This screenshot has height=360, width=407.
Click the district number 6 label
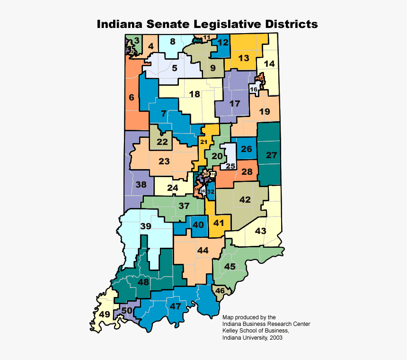132,98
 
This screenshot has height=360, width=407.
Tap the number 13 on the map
243,58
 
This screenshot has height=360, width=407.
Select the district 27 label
271,155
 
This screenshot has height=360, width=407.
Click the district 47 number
176,306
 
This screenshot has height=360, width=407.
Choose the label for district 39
146,226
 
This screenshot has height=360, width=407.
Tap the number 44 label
203,250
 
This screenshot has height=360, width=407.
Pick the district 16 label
254,90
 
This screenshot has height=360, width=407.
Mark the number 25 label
230,166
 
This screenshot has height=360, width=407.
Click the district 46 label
220,290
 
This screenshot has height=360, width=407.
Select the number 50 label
127,311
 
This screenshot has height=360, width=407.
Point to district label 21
204,142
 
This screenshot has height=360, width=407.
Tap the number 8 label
173,41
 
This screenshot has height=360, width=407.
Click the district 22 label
162,142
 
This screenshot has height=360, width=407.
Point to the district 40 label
198,225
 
